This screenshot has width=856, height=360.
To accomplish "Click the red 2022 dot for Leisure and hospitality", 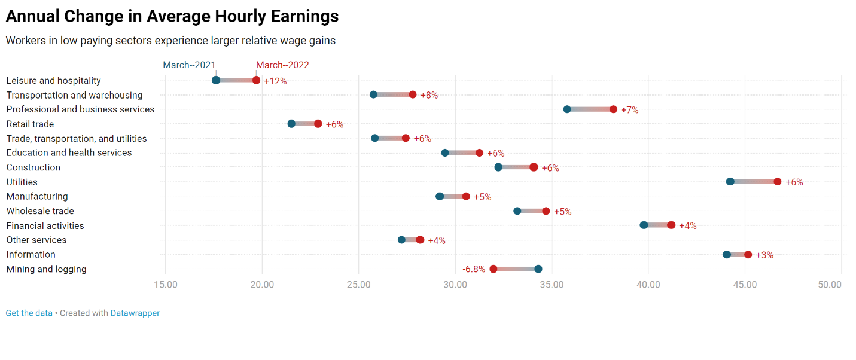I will [x=256, y=80].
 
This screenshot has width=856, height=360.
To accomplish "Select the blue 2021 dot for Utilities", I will [x=730, y=182].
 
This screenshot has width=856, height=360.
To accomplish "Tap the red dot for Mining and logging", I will [x=494, y=269].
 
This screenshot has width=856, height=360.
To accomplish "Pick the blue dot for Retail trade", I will [x=291, y=124].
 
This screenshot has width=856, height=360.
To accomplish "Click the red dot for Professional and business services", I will [x=613, y=109].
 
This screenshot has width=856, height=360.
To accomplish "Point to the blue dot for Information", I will [x=726, y=255].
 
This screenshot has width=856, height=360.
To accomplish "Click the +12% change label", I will [x=275, y=81].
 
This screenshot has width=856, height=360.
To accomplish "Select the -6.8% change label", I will [x=474, y=270].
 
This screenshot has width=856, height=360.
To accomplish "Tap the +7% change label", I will [x=629, y=110].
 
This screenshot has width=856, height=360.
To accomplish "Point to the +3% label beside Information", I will [x=764, y=255].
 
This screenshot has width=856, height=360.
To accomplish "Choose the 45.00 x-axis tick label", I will [x=745, y=285].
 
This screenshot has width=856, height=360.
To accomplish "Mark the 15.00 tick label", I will [x=166, y=285].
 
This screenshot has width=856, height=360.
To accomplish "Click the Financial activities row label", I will [x=45, y=226].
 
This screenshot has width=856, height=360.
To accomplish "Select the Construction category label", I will [x=33, y=167].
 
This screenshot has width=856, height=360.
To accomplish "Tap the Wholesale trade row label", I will [x=40, y=211].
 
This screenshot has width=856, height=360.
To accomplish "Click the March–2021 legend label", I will [x=190, y=65].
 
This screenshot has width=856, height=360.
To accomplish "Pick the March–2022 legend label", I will [x=283, y=65].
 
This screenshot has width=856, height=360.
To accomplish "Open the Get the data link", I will [x=29, y=313].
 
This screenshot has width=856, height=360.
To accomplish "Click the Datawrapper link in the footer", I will [x=135, y=313].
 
